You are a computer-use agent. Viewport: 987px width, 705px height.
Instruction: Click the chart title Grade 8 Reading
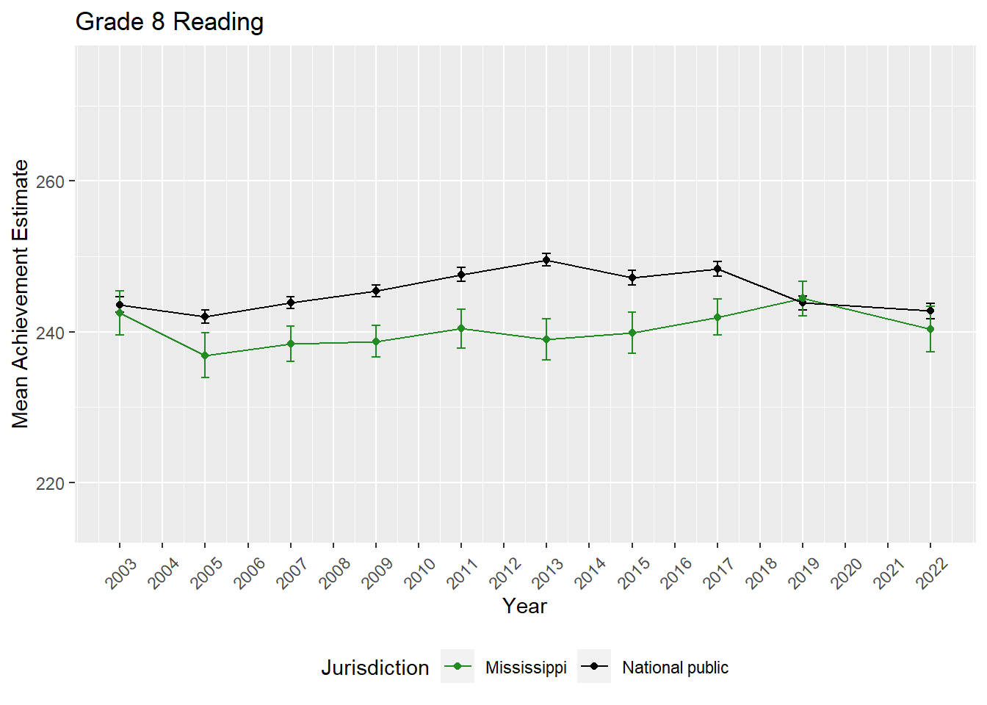(x=170, y=22)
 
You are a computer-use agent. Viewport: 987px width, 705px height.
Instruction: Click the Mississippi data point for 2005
(x=206, y=355)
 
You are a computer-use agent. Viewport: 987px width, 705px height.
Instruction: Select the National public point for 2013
(x=546, y=260)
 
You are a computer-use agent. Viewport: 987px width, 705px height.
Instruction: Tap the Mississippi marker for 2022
(x=930, y=329)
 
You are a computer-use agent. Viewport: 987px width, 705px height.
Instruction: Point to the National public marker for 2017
(x=717, y=269)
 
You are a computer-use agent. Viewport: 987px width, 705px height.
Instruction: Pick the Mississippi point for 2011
(x=461, y=328)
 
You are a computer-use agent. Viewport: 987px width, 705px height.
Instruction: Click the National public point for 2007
(x=291, y=303)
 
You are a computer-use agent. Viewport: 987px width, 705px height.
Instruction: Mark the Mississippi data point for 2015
(x=632, y=333)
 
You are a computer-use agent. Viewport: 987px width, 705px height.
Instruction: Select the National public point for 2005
(x=206, y=317)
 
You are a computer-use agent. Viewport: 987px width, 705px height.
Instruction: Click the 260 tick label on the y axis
(x=51, y=181)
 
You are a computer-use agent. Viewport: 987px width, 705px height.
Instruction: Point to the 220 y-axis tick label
(x=51, y=483)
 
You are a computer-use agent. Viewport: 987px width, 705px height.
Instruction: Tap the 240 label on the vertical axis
(x=51, y=333)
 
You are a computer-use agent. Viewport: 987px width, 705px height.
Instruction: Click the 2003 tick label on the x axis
(x=121, y=573)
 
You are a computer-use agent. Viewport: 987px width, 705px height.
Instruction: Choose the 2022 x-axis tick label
(x=932, y=573)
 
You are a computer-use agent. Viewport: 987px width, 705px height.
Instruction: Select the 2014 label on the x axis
(x=590, y=573)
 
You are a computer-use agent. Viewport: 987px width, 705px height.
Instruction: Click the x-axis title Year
(x=524, y=606)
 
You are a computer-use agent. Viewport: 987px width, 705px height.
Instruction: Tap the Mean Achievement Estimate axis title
(x=21, y=294)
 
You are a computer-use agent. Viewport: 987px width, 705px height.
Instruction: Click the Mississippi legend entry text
(x=526, y=668)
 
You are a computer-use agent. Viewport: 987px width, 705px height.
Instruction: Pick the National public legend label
(x=675, y=668)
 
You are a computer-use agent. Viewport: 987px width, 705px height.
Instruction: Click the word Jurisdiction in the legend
(x=375, y=668)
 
